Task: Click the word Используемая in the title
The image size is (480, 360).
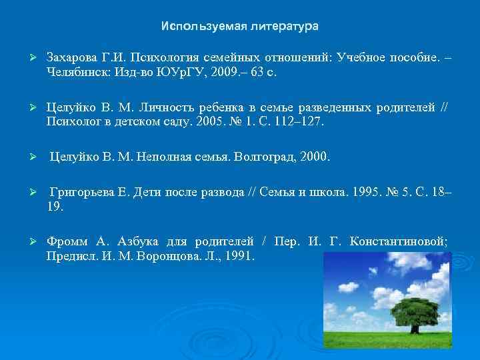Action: [x=194, y=27]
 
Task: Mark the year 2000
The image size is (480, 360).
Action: [x=314, y=158]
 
